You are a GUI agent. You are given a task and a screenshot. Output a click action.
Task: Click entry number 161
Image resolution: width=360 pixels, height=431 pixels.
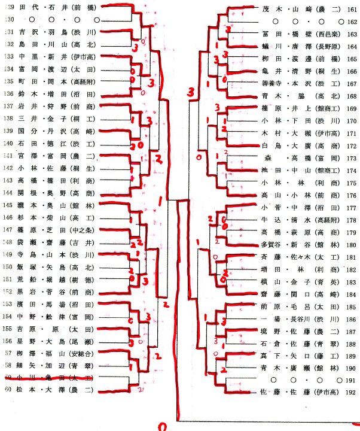(x=350, y=8)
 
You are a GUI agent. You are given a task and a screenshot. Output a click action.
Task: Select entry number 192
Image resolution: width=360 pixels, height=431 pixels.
(x=350, y=393)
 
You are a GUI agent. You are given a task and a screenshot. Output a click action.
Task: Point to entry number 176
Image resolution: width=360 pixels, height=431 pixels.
(x=350, y=195)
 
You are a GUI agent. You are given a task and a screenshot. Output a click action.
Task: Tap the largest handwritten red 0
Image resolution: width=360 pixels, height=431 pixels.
(x=161, y=426)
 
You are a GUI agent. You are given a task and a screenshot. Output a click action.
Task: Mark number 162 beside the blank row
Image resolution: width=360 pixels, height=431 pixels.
(x=350, y=22)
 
